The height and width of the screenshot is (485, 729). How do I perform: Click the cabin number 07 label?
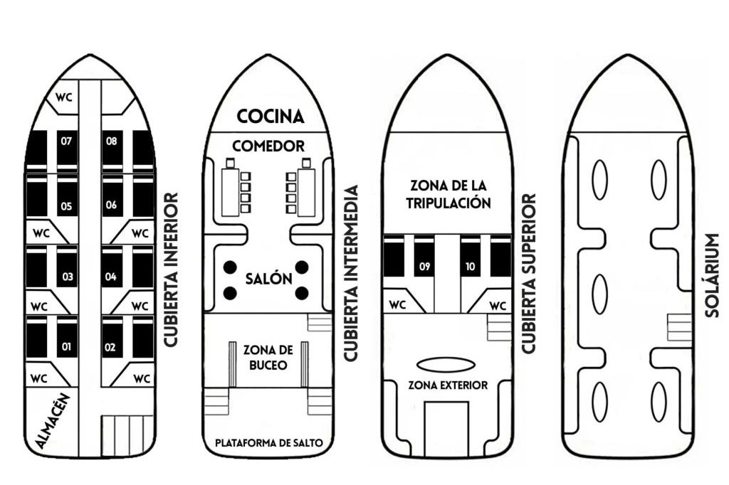[66, 141]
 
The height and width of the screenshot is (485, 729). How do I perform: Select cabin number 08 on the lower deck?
[112, 141]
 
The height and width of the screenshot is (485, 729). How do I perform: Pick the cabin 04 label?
[111, 276]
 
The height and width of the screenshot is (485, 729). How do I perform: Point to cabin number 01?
[66, 347]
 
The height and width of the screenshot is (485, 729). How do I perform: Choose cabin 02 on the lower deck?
[111, 347]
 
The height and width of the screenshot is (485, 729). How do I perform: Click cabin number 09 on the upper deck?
[424, 267]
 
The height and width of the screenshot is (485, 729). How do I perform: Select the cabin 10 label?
[470, 267]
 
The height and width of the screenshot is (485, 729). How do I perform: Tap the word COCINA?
[271, 116]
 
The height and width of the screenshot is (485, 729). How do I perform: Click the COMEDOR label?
[268, 146]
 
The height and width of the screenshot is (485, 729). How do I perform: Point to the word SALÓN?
[269, 279]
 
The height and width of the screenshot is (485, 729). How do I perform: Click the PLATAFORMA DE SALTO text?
[269, 443]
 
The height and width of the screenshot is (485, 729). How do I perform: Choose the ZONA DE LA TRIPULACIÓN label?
[449, 194]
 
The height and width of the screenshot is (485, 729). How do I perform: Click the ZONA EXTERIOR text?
[448, 385]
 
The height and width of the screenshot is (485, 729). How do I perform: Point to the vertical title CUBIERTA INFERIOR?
[170, 270]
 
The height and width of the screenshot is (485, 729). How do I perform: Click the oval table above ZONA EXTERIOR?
[446, 365]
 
